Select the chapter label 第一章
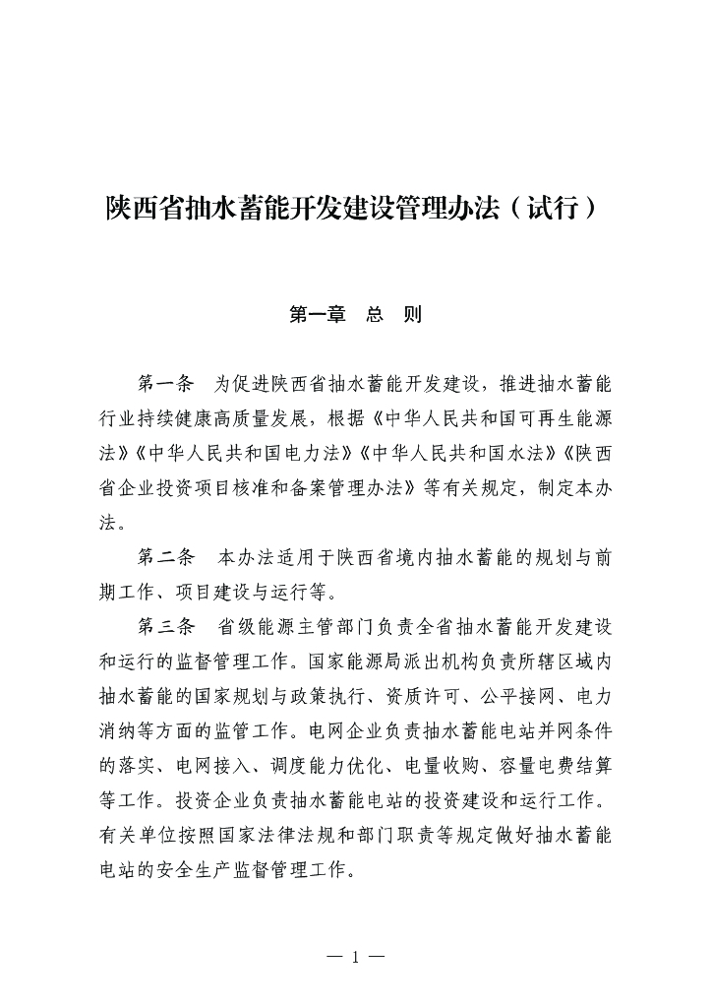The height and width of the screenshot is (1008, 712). pyautogui.click(x=314, y=316)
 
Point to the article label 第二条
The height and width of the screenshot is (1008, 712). pyautogui.click(x=167, y=558)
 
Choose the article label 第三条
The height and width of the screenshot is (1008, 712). pyautogui.click(x=167, y=627)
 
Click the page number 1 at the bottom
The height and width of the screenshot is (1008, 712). pyautogui.click(x=355, y=958)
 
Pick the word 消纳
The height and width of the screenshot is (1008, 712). pyautogui.click(x=122, y=732)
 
